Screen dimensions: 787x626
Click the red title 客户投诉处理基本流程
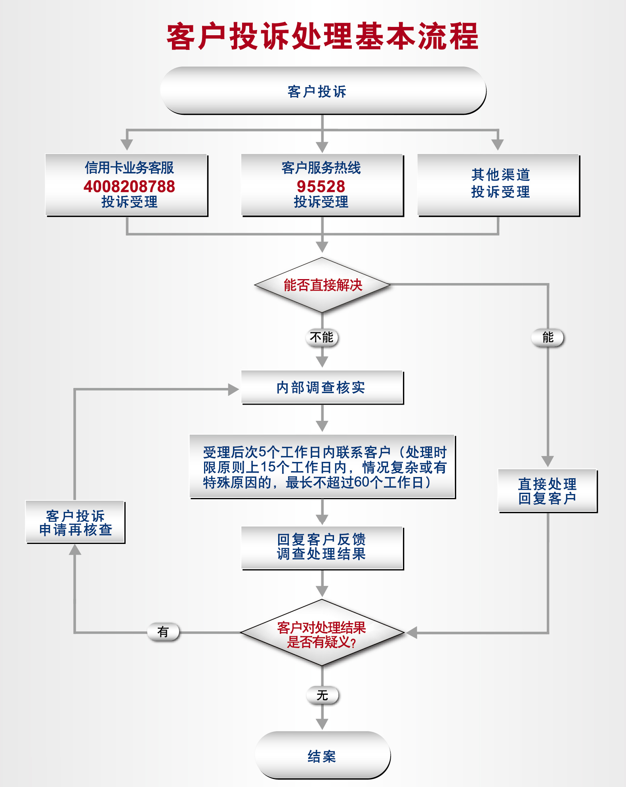click(x=322, y=36)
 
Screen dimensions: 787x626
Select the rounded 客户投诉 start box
click(x=323, y=91)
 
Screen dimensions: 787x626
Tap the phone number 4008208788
click(x=129, y=186)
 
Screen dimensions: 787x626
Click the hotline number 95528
click(x=321, y=186)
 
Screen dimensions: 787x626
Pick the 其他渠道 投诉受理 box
click(x=498, y=184)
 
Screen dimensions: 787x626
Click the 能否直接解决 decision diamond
click(x=322, y=285)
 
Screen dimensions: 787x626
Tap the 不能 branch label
click(x=322, y=338)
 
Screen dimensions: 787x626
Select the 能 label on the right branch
click(x=548, y=338)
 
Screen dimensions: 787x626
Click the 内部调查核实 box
click(x=322, y=387)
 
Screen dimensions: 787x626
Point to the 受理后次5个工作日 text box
click(x=323, y=467)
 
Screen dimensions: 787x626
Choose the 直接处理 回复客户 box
click(x=547, y=491)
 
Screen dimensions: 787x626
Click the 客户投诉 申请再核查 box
click(x=75, y=522)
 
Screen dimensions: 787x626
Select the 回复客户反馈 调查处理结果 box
click(x=322, y=547)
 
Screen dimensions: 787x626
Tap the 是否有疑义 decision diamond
click(x=322, y=633)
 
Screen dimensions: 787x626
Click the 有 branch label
click(x=163, y=632)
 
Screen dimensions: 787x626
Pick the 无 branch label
click(x=323, y=696)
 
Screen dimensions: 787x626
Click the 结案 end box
click(x=323, y=756)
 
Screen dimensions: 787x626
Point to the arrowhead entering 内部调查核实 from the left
click(x=233, y=390)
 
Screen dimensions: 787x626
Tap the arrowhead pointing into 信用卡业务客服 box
click(x=126, y=144)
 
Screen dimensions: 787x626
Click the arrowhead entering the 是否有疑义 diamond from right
click(x=412, y=633)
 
